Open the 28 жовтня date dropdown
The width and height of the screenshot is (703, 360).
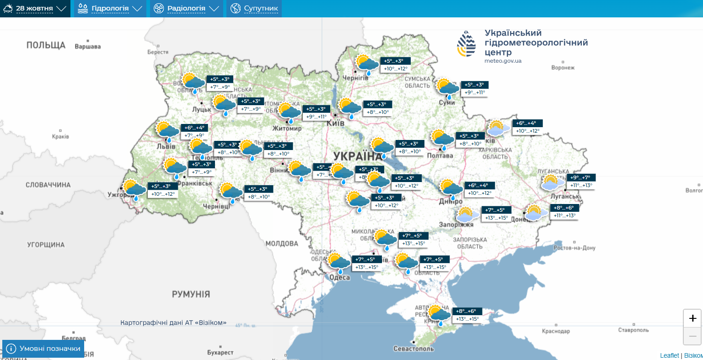(35, 9)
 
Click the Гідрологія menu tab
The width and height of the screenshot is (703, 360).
(110, 9)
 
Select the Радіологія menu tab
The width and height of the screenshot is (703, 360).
(186, 9)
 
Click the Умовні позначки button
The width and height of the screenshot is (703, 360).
(43, 349)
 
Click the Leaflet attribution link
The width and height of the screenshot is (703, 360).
(669, 355)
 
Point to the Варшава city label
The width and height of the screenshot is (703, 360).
(87, 47)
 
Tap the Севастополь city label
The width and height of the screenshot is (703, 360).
(413, 349)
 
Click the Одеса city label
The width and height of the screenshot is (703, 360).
(339, 277)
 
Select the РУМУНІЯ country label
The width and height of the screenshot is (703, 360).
(191, 294)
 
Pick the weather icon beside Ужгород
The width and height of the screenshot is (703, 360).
(134, 190)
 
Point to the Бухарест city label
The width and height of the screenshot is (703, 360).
(220, 353)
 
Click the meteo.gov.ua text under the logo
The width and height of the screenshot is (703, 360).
(503, 61)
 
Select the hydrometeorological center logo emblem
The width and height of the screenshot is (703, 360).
(466, 44)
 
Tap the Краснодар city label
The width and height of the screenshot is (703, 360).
(556, 331)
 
